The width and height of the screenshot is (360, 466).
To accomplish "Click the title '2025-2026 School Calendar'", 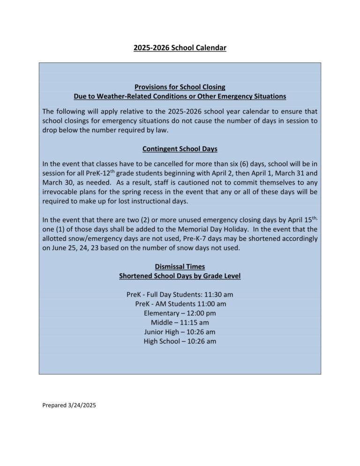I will pyautogui.click(x=180, y=48).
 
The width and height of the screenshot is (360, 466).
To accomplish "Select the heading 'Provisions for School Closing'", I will pyautogui.click(x=180, y=87).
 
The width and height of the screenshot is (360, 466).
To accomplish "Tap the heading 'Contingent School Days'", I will pyautogui.click(x=180, y=149).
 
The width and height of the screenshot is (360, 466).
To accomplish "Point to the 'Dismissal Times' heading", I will pyautogui.click(x=180, y=266).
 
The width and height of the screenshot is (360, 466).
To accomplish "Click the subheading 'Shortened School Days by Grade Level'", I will pyautogui.click(x=180, y=276).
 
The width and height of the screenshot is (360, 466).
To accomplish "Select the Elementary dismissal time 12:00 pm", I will pyautogui.click(x=200, y=313).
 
